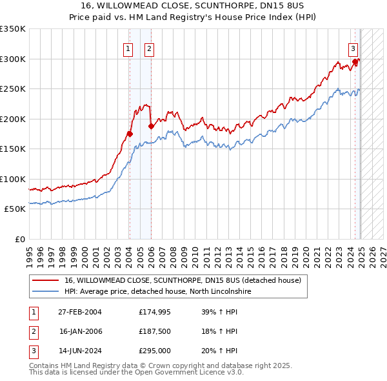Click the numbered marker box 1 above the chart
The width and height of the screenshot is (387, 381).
click(128, 48)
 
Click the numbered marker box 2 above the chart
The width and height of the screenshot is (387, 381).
click(149, 48)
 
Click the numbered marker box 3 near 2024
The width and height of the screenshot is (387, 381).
click(353, 48)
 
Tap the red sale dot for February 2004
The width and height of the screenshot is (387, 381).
click(130, 134)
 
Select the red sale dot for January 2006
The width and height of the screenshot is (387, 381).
click(151, 127)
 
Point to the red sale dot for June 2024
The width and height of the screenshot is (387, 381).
click(355, 62)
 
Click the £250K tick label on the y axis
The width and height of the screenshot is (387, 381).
click(13, 89)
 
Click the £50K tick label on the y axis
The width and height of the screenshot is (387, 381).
click(15, 209)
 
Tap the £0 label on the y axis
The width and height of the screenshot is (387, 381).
click(21, 239)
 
